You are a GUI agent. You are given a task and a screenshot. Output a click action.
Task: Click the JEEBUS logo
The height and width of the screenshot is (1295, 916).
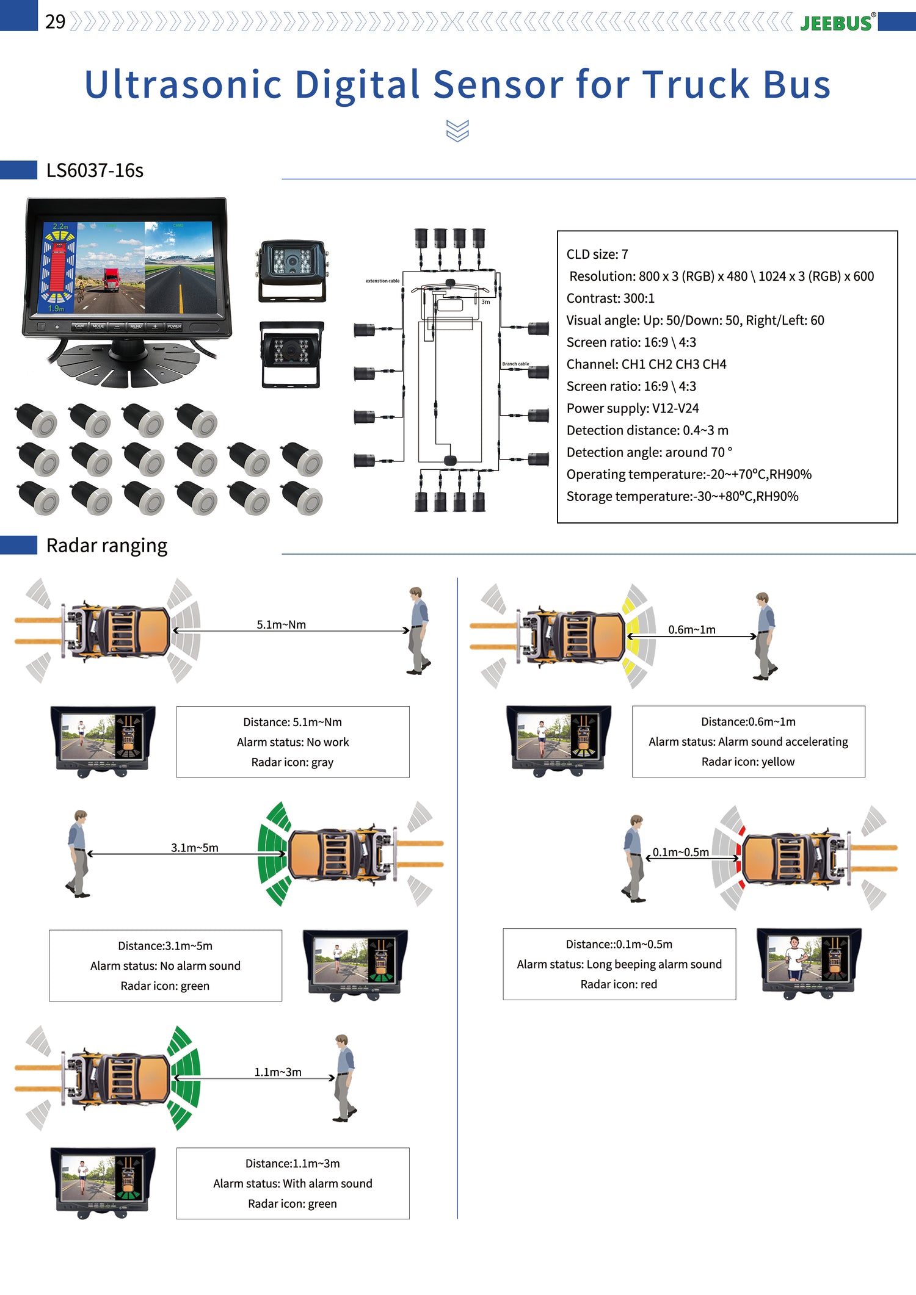click(836, 23)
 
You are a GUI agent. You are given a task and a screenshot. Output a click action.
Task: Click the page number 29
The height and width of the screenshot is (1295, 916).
click(55, 22)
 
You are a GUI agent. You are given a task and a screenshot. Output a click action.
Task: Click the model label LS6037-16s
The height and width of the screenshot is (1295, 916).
click(95, 170)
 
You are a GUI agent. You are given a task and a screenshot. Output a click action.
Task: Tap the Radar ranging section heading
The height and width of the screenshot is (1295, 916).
click(106, 545)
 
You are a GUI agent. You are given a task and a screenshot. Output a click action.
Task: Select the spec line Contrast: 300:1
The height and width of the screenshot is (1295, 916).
click(610, 298)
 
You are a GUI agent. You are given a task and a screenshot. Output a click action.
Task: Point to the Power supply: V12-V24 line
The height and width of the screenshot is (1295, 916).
click(632, 408)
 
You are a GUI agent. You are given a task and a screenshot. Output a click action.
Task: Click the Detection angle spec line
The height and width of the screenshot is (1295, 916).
click(649, 452)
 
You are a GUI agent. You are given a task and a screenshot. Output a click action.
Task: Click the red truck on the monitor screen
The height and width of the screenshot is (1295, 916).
click(111, 280)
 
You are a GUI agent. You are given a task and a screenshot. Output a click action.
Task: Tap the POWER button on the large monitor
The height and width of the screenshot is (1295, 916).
click(174, 326)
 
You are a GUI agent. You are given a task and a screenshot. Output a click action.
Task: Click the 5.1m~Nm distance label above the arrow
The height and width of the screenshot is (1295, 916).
click(281, 624)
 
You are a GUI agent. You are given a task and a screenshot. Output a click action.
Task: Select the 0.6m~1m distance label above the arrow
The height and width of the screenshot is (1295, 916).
click(691, 629)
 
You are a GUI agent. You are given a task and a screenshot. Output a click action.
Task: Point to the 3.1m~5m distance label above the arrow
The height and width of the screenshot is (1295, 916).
click(194, 848)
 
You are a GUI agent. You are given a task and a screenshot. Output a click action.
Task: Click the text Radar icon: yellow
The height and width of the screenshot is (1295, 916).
click(747, 762)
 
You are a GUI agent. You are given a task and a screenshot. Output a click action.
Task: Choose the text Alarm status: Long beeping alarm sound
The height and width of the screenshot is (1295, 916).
click(619, 964)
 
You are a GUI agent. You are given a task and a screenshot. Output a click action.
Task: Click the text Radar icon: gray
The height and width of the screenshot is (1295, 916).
click(292, 762)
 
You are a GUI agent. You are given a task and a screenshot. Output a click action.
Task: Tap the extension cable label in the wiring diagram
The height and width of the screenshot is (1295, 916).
click(382, 281)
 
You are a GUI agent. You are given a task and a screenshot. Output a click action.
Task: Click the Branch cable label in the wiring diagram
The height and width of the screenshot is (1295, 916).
click(515, 364)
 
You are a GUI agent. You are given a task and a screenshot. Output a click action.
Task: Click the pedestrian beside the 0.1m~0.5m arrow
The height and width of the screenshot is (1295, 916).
click(634, 858)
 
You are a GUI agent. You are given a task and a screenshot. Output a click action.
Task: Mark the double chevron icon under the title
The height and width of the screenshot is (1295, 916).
click(457, 131)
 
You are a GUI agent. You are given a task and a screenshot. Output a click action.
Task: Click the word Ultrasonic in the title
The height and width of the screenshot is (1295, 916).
click(183, 84)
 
